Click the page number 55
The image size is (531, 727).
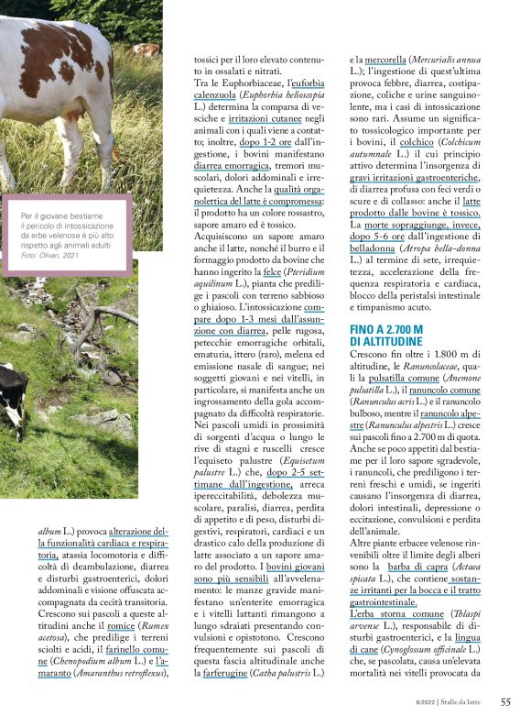504,702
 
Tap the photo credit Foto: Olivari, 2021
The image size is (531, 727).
55,241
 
